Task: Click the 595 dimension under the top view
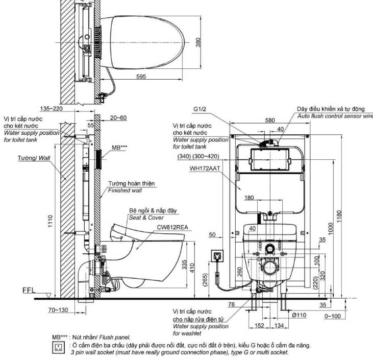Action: pos(141,77)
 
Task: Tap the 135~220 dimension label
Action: pos(53,109)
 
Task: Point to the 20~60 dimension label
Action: pos(118,117)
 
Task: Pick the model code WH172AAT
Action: pos(189,167)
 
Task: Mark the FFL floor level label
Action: pos(29,291)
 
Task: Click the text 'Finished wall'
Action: pos(125,190)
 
